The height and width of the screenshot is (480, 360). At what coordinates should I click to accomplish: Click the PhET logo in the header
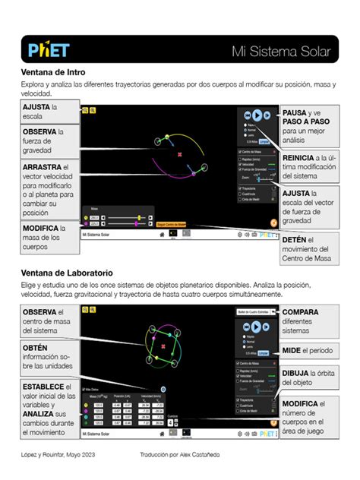[49, 51]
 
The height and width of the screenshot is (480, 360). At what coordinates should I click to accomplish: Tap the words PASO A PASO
[305, 121]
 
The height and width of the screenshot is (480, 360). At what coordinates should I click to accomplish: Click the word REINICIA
[302, 157]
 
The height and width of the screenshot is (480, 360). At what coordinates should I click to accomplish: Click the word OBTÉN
[36, 347]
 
